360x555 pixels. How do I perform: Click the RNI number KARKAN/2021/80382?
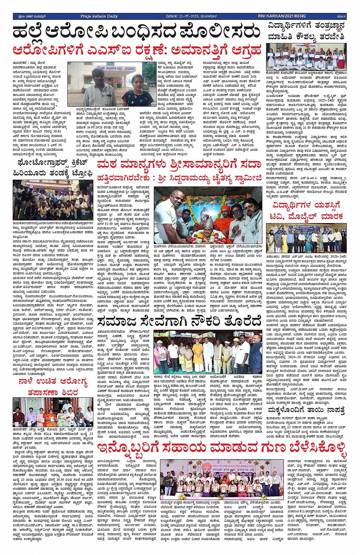(x=282, y=16)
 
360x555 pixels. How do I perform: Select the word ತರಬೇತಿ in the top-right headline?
(x=332, y=37)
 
